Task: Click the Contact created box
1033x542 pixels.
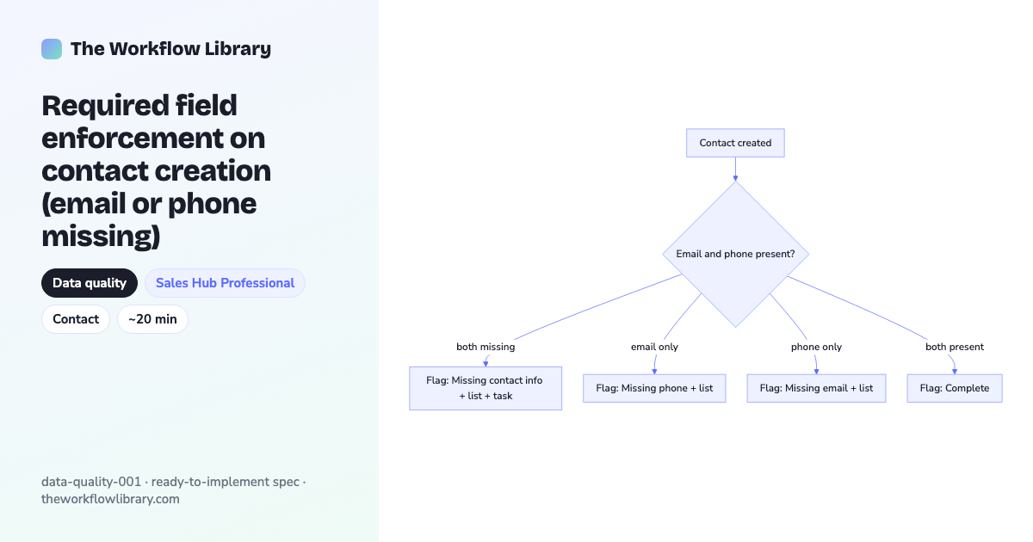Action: click(735, 143)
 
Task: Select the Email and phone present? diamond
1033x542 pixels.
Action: click(735, 254)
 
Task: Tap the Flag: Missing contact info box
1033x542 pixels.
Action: click(486, 388)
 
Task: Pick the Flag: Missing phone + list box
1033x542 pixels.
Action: click(654, 388)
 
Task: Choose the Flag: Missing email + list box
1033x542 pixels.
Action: click(816, 388)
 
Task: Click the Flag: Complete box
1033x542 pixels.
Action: click(955, 388)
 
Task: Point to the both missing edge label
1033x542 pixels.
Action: click(486, 347)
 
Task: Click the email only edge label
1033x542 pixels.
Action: click(654, 347)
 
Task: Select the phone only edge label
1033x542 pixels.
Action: click(816, 347)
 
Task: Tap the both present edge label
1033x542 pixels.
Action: click(955, 347)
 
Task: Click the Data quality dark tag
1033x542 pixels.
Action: click(90, 283)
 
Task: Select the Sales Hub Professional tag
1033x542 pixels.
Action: click(225, 283)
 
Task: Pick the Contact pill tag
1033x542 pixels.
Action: click(76, 319)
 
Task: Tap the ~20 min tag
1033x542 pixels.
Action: click(152, 319)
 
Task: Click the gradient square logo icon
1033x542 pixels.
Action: click(52, 49)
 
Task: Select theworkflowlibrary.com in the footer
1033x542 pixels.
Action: click(110, 499)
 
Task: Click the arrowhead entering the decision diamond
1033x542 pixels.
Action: click(735, 178)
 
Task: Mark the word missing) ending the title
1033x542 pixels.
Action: click(101, 237)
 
